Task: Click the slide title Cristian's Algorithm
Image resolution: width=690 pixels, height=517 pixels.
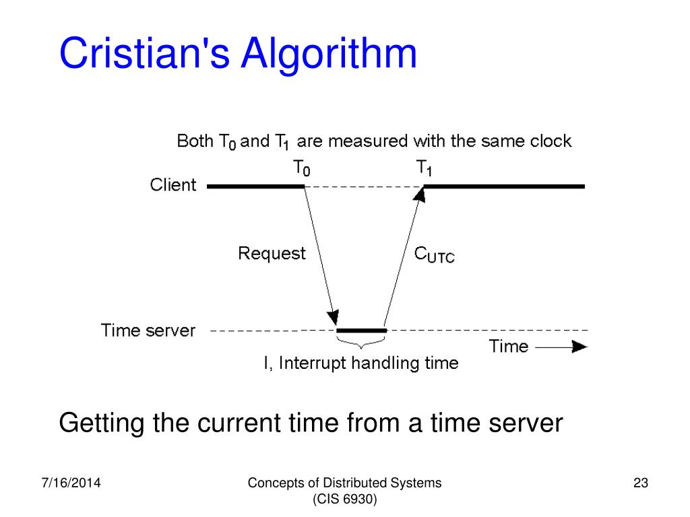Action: point(238,54)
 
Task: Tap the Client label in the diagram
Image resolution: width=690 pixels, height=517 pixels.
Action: point(173,185)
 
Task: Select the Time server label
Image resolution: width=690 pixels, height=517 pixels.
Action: point(148,331)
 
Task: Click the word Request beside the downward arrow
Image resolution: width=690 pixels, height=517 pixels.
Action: point(272,254)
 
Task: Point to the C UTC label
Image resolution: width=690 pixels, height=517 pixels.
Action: point(434,254)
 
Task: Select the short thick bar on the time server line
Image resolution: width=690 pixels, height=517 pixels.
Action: point(362,331)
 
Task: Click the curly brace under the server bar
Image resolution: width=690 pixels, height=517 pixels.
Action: point(362,343)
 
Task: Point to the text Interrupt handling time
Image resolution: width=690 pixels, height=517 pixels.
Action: point(369,364)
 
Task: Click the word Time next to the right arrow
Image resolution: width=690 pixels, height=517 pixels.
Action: point(508,347)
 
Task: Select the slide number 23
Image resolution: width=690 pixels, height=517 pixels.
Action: point(640,483)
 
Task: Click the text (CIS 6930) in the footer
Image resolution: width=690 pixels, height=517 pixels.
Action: point(344,499)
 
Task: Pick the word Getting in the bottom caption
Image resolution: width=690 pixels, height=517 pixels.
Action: point(102,424)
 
